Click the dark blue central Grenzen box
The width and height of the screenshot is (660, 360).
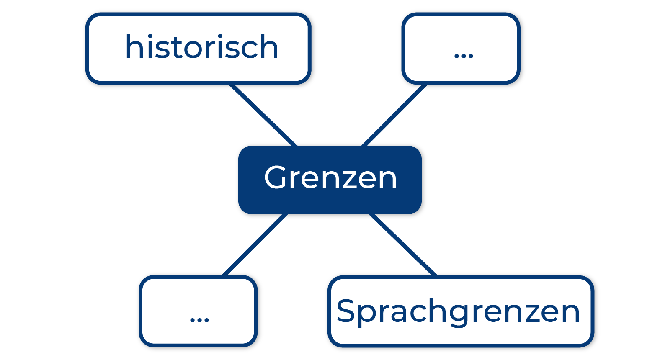(330, 180)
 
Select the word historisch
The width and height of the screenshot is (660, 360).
(202, 47)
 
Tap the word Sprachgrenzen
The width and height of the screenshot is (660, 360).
(458, 312)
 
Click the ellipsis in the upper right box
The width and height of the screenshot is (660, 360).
(464, 55)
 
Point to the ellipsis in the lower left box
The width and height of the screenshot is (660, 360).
(199, 320)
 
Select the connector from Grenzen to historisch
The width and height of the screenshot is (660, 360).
(263, 115)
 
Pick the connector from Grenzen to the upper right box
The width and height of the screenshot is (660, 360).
(394, 115)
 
